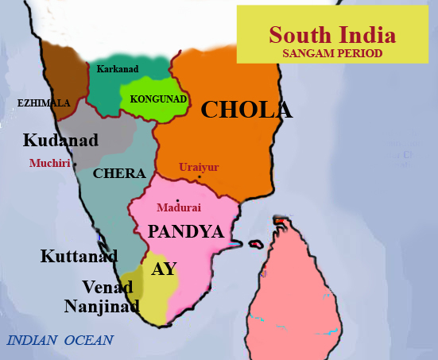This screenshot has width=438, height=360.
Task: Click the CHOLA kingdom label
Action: (246, 110)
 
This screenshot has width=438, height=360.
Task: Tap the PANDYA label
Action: (184, 232)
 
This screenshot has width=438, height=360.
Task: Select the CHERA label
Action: (119, 173)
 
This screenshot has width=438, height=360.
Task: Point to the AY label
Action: (164, 269)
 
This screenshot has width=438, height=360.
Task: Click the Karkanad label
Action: (117, 69)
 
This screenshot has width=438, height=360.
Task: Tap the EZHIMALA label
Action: (44, 103)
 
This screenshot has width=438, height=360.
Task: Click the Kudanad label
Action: (60, 141)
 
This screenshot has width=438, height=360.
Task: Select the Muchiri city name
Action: (49, 163)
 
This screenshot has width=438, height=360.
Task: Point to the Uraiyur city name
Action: (199, 167)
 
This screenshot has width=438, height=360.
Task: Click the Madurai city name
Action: (179, 207)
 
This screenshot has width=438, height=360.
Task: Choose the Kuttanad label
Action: (79, 256)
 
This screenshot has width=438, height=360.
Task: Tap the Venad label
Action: (107, 286)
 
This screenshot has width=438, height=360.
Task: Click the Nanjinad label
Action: (102, 306)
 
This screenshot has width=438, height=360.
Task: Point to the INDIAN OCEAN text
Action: (60, 341)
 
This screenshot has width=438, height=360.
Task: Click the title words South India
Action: (332, 35)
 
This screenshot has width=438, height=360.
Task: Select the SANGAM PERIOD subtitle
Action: (332, 53)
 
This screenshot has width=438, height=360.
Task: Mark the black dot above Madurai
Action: (178, 199)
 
